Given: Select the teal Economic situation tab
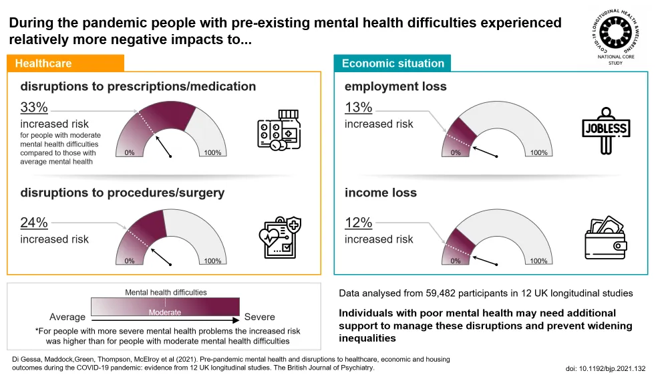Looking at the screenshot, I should (393, 64).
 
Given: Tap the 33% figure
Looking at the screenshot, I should (34, 108).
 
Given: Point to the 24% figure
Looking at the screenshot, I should (34, 223).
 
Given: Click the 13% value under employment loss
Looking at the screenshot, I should (358, 108).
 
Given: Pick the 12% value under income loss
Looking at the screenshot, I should (358, 223).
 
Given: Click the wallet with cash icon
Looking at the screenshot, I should (607, 236).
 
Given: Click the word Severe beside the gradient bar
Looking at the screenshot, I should (260, 317).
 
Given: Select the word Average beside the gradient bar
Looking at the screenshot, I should (67, 317).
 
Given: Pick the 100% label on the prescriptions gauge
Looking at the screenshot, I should (212, 153).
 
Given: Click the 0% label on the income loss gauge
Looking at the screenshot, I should (455, 261).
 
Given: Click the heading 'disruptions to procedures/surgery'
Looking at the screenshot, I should (122, 193).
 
